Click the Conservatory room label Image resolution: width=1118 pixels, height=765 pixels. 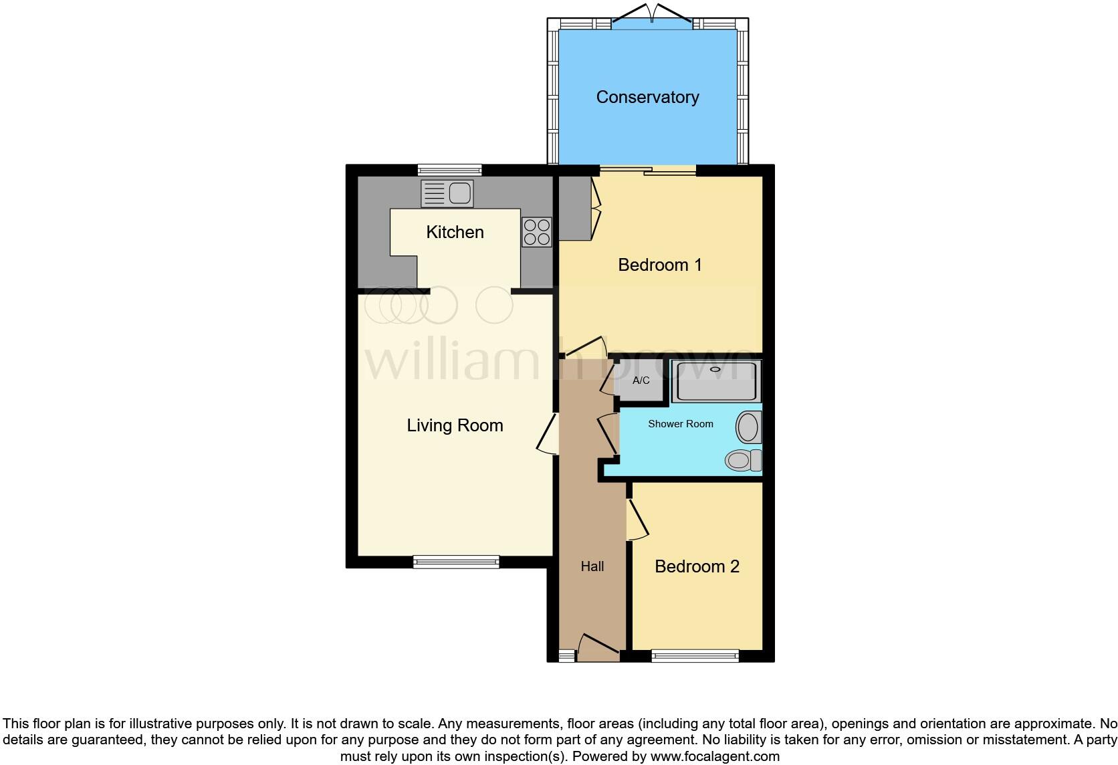coord(647,98)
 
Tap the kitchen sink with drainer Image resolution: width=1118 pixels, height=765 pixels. coord(447,193)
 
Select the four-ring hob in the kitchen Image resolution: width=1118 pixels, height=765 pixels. coord(536,231)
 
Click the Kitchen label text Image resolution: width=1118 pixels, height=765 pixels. coord(455,232)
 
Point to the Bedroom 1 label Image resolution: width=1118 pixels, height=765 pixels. coord(659,265)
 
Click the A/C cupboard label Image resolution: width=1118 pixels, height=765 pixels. coord(641,380)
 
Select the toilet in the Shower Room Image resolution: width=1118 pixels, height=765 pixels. coord(743,460)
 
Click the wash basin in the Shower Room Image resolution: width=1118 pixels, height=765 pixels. coord(749,427)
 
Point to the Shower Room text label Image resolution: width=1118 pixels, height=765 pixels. coord(680,424)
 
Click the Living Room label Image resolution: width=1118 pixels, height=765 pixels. coord(455,425)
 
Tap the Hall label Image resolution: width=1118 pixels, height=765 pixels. coord(592,566)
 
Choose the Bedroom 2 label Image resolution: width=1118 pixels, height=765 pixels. coord(697,566)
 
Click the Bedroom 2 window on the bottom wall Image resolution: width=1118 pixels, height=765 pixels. coord(695,656)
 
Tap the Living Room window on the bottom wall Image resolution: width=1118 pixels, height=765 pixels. coord(456,562)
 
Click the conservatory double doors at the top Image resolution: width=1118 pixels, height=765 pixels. coord(652,19)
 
